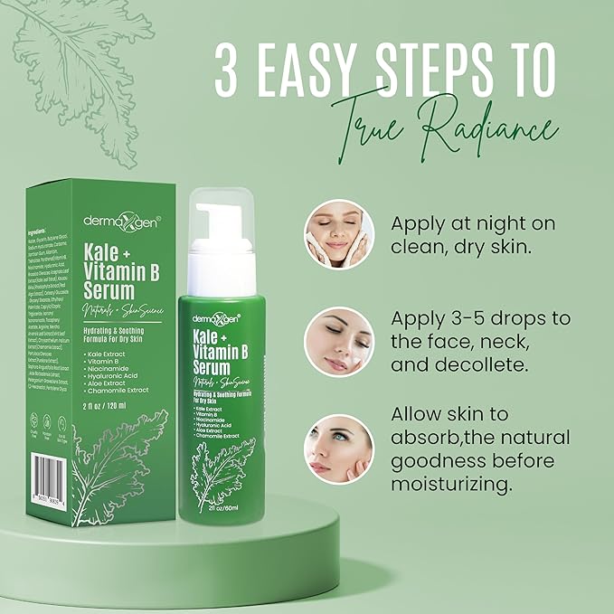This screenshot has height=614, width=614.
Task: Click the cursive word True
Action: pyautogui.click(x=365, y=136)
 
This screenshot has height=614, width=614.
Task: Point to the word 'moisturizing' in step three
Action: pyautogui.click(x=455, y=485)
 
